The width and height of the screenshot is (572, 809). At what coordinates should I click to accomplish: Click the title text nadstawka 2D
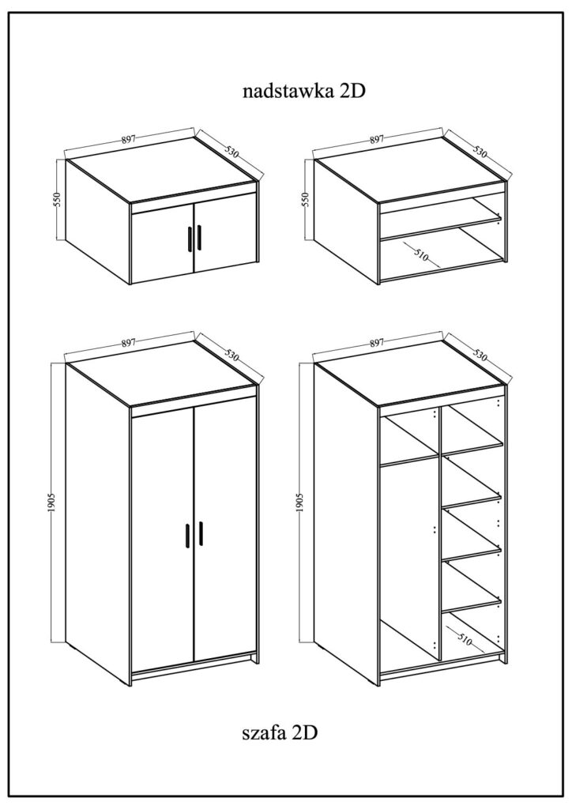pos(304,91)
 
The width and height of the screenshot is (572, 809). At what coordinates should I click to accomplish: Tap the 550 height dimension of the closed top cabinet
pos(57,200)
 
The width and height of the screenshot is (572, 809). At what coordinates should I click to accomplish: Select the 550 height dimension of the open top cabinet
pos(305,200)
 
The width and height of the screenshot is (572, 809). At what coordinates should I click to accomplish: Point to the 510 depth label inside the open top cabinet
pos(420,254)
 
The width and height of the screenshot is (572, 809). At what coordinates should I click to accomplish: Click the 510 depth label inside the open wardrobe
pos(465,640)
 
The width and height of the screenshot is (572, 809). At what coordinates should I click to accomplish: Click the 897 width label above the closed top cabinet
pos(129,139)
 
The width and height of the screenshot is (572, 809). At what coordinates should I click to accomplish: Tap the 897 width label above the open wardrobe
pos(377,341)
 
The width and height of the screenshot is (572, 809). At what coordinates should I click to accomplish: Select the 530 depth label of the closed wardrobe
pos(232,356)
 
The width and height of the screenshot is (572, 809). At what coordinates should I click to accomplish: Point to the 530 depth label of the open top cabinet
pos(480,152)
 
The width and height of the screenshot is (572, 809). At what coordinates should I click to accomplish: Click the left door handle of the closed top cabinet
pos(190,238)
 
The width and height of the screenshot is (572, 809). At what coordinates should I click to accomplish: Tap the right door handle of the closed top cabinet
pos(198,238)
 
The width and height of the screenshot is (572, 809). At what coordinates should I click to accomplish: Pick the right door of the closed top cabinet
pos(225,234)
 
